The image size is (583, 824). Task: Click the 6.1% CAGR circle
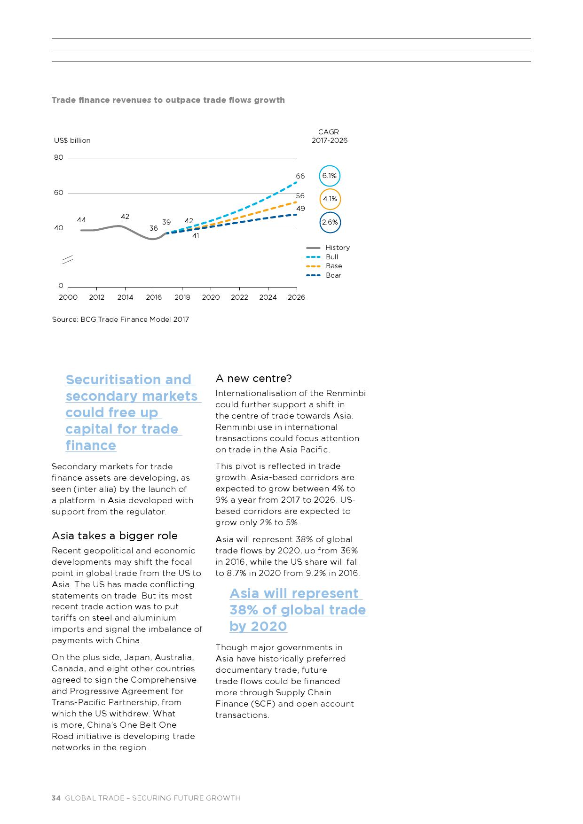329,176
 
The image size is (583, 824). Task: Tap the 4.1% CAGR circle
330,199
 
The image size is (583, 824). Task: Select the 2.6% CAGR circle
330,222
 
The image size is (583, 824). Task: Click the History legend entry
328,248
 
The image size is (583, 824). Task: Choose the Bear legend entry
324,275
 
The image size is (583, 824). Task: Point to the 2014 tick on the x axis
125,297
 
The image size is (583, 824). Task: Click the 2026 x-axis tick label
296,297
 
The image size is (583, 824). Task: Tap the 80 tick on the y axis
58,158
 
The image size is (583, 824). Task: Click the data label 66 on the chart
300,176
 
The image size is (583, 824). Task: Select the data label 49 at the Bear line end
300,209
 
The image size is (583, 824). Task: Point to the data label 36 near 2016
153,228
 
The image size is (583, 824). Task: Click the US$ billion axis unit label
72,140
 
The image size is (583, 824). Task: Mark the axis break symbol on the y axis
68,259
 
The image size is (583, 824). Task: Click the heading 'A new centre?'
253,379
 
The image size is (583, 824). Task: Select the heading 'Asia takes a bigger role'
115,536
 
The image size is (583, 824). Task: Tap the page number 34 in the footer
56,798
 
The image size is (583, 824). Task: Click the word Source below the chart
64,319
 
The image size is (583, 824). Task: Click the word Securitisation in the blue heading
128,380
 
